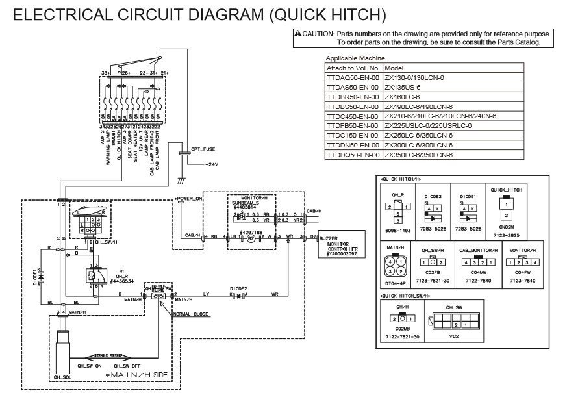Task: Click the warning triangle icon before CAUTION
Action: point(297,34)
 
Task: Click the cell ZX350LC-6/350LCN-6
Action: point(418,155)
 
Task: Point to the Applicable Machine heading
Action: point(355,58)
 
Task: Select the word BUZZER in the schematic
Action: point(329,239)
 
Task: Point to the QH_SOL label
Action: point(62,376)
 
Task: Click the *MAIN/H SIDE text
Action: point(138,376)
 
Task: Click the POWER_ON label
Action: point(189,197)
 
